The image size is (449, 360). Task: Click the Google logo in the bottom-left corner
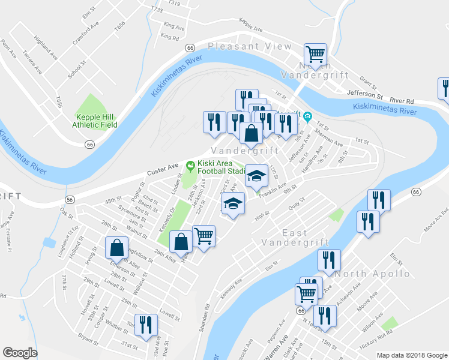tap(20, 353)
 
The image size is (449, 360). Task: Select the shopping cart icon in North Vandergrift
tap(315, 55)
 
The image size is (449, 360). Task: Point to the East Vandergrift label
tap(295, 238)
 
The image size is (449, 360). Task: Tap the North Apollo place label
tap(373, 274)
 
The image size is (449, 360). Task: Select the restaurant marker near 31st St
tap(146, 326)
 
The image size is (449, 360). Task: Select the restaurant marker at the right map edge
tap(445, 89)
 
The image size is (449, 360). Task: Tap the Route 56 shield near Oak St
tap(70, 199)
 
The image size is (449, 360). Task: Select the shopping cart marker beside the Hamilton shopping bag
tap(204, 236)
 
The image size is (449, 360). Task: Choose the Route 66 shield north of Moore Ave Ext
tap(415, 191)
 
